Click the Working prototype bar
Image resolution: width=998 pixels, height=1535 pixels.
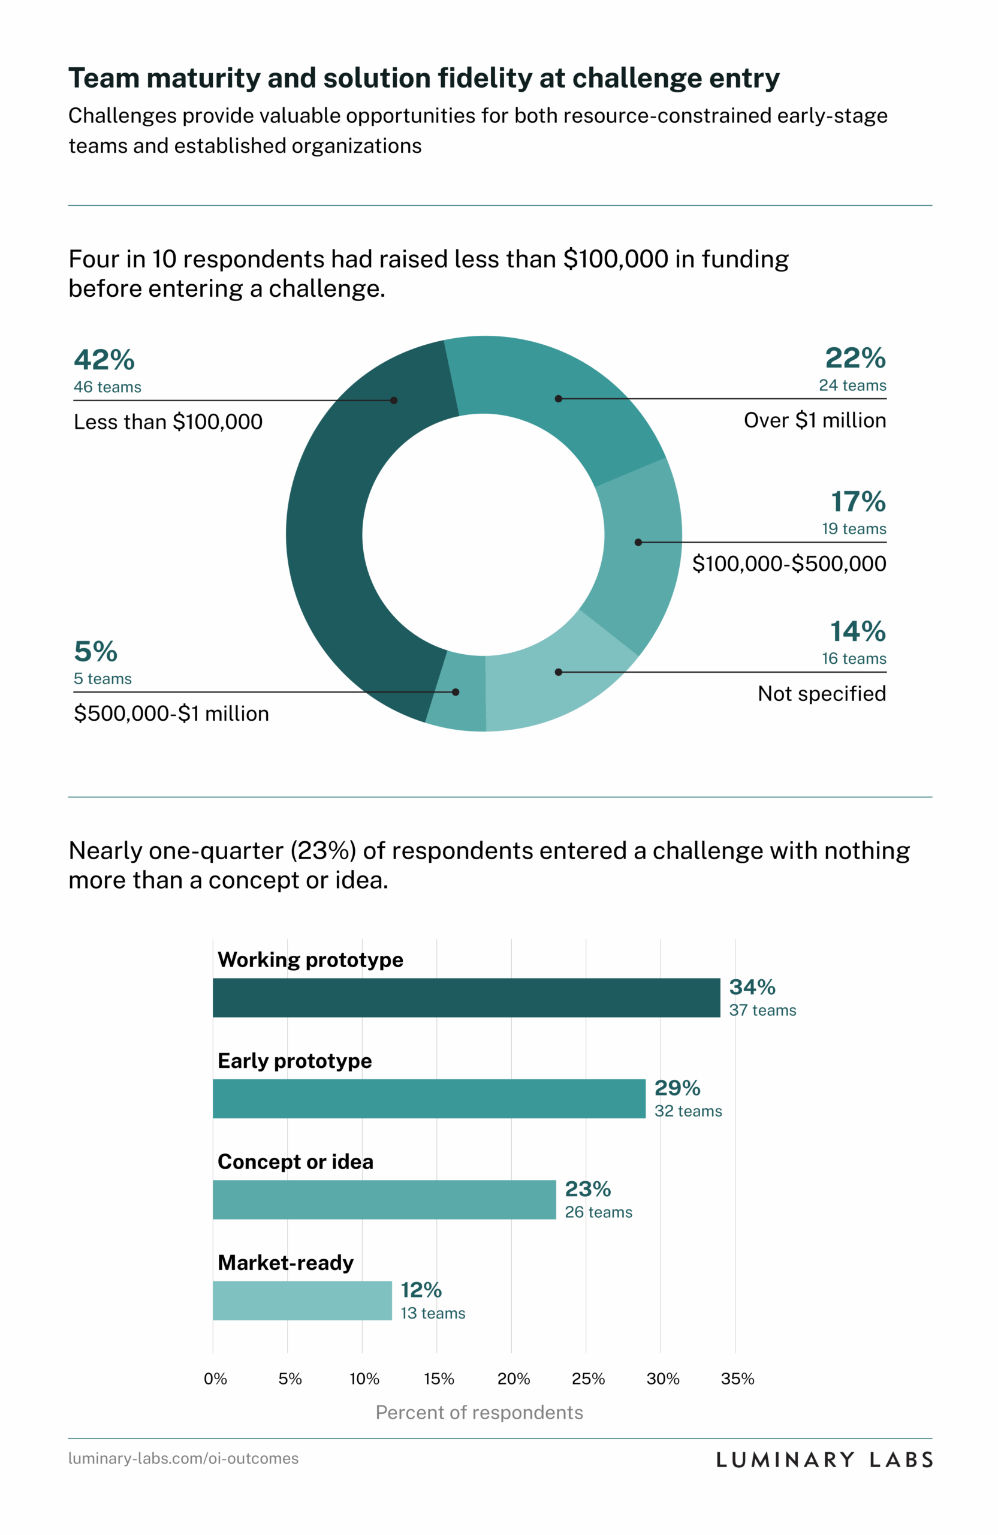(x=466, y=997)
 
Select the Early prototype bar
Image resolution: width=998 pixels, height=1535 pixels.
(x=429, y=1098)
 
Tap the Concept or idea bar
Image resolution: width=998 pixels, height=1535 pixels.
(x=384, y=1199)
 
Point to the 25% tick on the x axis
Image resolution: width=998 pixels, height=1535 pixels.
(x=588, y=1379)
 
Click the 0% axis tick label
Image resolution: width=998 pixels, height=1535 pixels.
(x=215, y=1379)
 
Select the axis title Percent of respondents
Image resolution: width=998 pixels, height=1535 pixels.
(x=479, y=1413)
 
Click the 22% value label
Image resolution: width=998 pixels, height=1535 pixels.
(x=855, y=358)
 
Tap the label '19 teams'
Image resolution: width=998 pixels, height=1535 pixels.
(x=854, y=529)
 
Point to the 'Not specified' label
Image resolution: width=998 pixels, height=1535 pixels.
(x=821, y=693)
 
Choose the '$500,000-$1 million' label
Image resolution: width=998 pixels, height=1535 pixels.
(x=171, y=714)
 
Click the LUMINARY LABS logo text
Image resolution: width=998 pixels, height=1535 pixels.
(x=825, y=1459)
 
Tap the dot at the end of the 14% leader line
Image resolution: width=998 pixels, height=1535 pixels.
(x=558, y=672)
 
